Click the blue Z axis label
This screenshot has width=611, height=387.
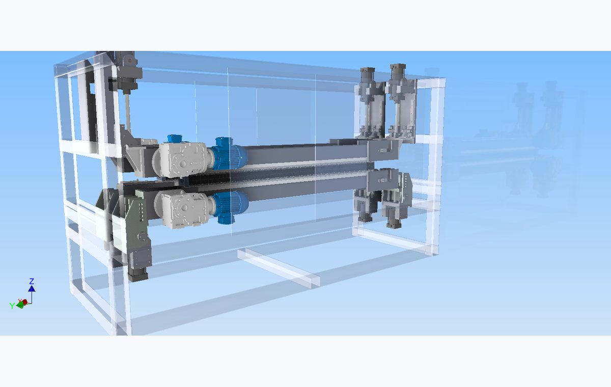[x=32, y=281]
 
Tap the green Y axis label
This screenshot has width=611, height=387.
[x=12, y=306]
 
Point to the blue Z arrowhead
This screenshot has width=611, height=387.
[x=32, y=288]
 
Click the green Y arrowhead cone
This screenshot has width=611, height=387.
[x=20, y=305]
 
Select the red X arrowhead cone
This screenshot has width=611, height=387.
[x=24, y=302]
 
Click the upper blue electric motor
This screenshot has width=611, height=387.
[x=229, y=154]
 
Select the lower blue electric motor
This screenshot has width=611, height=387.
[x=230, y=206]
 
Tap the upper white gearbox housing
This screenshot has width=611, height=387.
[x=181, y=160]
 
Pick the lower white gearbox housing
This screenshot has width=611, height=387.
[x=183, y=208]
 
